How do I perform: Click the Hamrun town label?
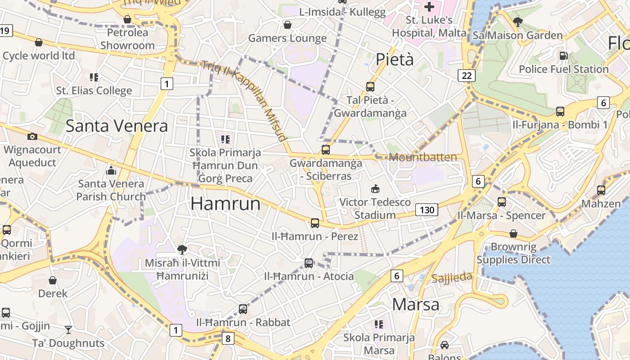[x=225, y=204]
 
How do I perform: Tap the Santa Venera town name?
[x=117, y=126]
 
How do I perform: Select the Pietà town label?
[x=395, y=59]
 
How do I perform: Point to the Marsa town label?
[x=415, y=304]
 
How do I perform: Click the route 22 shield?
[x=467, y=75]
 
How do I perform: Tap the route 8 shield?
[x=228, y=338]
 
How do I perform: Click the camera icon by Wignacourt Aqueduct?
[x=32, y=136]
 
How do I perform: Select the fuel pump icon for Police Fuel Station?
[x=563, y=56]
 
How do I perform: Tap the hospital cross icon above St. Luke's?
[x=429, y=7]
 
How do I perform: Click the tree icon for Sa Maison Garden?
[x=518, y=22]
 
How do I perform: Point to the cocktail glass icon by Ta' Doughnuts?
[x=68, y=330]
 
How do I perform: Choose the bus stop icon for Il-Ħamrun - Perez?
[x=315, y=223]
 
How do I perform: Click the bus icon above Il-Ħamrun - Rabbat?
[x=243, y=309]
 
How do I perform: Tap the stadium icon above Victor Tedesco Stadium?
[x=375, y=189]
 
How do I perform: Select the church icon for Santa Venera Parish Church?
[x=111, y=171]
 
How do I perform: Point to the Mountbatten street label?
[x=423, y=157]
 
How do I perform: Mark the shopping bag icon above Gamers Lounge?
[x=287, y=25]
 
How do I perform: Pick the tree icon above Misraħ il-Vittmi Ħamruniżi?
[x=182, y=249]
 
